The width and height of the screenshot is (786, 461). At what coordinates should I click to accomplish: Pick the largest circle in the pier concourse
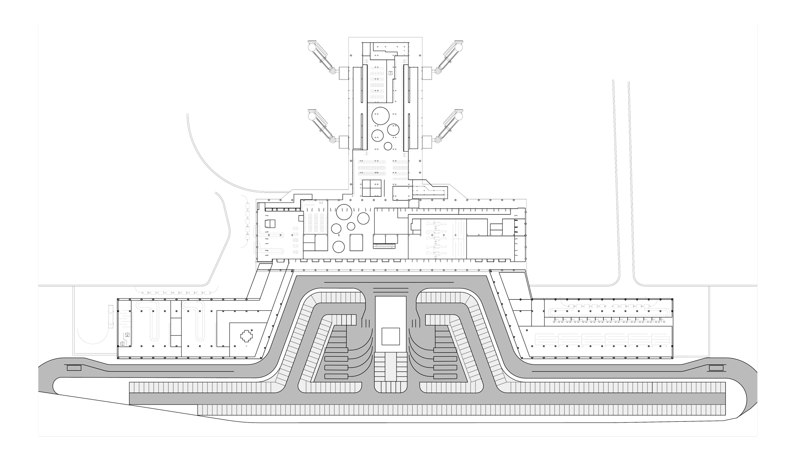(x=381, y=115)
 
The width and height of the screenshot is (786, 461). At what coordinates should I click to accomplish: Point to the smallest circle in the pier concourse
(x=388, y=146)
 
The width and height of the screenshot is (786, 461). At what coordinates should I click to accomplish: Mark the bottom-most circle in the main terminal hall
(x=339, y=246)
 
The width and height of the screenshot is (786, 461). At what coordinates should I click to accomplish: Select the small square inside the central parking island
(x=390, y=337)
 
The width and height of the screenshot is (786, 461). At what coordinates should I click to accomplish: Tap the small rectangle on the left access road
(x=74, y=368)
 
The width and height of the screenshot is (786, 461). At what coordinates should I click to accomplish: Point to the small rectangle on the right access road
(x=716, y=368)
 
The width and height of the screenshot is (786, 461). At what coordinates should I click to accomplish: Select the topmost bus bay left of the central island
(x=337, y=350)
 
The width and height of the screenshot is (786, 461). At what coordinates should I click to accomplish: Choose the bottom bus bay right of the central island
(x=445, y=376)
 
